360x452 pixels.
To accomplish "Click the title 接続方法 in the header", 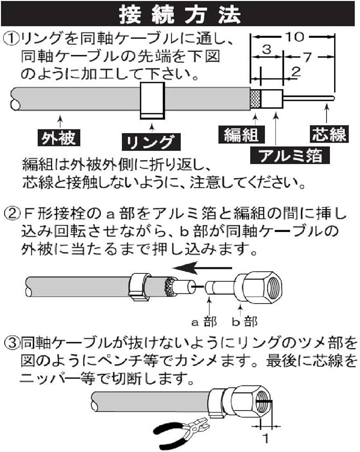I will [180, 14].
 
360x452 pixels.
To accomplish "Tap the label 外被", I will [57, 137].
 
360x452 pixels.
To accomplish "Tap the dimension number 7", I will [308, 57].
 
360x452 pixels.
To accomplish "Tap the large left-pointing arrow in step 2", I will [199, 268].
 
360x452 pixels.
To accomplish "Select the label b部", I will [245, 321].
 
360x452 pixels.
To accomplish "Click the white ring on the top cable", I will [152, 100].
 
